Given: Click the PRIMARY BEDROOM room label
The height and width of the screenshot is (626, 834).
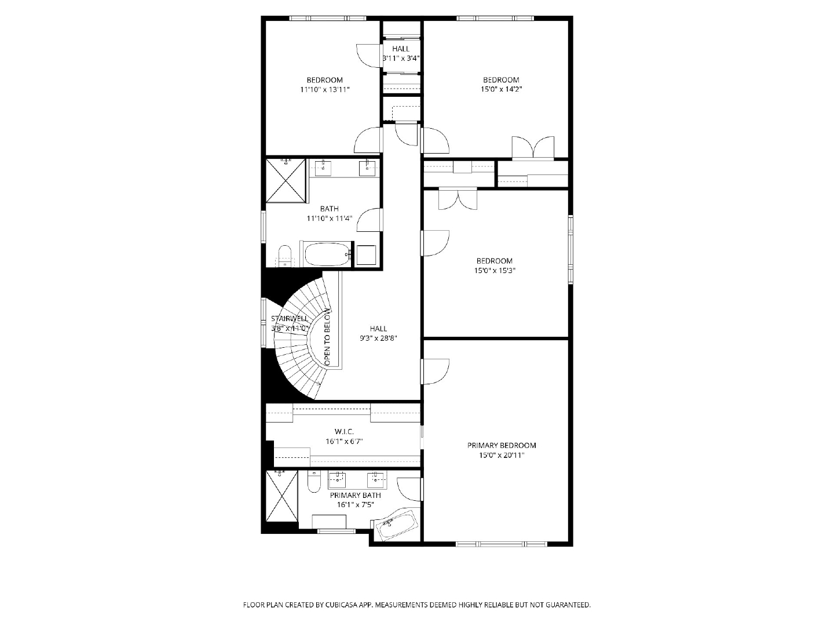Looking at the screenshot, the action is pyautogui.click(x=502, y=446).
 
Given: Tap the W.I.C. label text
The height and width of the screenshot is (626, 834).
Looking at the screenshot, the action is pyautogui.click(x=344, y=432).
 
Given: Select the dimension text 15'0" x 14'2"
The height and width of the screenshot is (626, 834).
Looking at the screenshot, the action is pyautogui.click(x=501, y=89).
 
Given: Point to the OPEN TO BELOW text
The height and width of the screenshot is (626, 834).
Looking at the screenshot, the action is pyautogui.click(x=328, y=338).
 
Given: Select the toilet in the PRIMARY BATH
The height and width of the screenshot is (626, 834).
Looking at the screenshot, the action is pyautogui.click(x=314, y=481).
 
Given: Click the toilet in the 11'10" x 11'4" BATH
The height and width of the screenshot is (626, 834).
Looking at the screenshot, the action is pyautogui.click(x=284, y=256).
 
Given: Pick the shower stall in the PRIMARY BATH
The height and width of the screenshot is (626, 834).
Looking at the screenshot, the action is pyautogui.click(x=281, y=496).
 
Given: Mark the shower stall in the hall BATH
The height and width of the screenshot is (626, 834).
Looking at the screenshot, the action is pyautogui.click(x=286, y=181).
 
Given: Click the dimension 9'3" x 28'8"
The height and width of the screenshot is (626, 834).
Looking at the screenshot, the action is pyautogui.click(x=378, y=339).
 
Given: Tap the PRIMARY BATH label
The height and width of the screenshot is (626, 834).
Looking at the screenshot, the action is pyautogui.click(x=355, y=495).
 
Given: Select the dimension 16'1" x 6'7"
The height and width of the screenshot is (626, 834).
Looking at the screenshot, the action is pyautogui.click(x=344, y=442).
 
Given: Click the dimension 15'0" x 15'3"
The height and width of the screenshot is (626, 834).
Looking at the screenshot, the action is pyautogui.click(x=495, y=271).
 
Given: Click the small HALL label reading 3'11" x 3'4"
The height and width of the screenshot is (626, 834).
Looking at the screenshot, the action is pyautogui.click(x=401, y=53).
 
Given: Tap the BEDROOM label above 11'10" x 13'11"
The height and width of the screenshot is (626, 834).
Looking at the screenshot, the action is pyautogui.click(x=325, y=80).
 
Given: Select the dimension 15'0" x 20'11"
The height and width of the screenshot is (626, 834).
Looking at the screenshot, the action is pyautogui.click(x=502, y=456).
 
